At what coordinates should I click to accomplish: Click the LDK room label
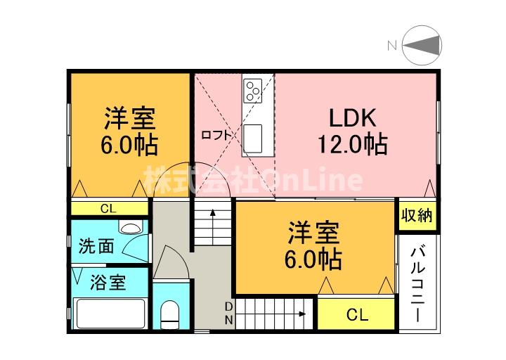(x=350, y=117)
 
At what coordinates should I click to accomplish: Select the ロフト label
(x=215, y=136)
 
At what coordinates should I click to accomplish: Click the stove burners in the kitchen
(x=252, y=89)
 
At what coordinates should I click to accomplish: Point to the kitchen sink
(x=253, y=134)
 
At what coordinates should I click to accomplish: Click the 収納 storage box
(x=417, y=216)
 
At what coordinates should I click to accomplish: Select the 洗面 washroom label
(x=96, y=247)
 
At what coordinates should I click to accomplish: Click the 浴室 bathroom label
(x=108, y=283)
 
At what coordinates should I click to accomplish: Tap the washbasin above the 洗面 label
(x=128, y=227)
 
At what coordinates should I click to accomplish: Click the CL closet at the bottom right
(x=356, y=315)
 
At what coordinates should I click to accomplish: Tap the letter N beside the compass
(x=391, y=46)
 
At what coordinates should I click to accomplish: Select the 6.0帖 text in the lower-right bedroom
(x=313, y=259)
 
